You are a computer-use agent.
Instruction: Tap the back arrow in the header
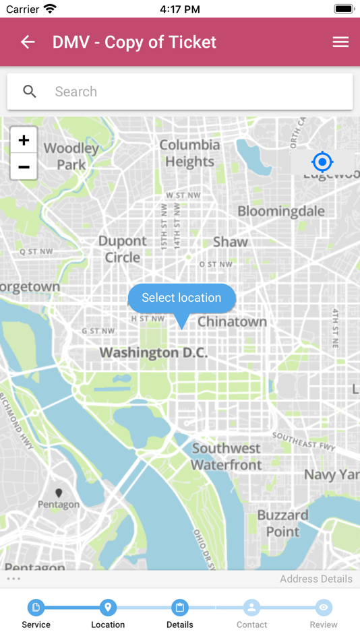pyautogui.click(x=28, y=42)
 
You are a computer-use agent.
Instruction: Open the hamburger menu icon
pyautogui.click(x=340, y=42)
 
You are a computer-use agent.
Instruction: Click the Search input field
pyautogui.click(x=196, y=92)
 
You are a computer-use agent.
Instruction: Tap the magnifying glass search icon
pyautogui.click(x=30, y=92)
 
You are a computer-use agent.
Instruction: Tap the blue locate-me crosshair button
pyautogui.click(x=322, y=162)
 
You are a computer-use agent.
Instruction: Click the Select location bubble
pyautogui.click(x=181, y=298)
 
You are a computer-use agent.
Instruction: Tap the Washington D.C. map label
pyautogui.click(x=154, y=352)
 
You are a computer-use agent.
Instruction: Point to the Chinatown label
pyautogui.click(x=232, y=322)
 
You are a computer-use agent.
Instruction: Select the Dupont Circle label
pyautogui.click(x=122, y=249)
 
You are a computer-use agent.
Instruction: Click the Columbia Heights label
pyautogui.click(x=189, y=153)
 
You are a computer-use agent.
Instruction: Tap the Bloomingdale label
pyautogui.click(x=280, y=212)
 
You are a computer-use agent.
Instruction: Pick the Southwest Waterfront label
pyautogui.click(x=226, y=456)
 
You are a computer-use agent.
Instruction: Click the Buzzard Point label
pyautogui.click(x=282, y=523)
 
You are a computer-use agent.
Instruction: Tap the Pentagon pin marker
pyautogui.click(x=59, y=493)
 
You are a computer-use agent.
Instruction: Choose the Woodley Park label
pyautogui.click(x=71, y=156)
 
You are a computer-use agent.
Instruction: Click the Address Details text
pyautogui.click(x=316, y=579)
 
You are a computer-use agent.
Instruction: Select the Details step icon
pyautogui.click(x=180, y=608)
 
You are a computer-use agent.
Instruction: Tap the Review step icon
pyautogui.click(x=324, y=608)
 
